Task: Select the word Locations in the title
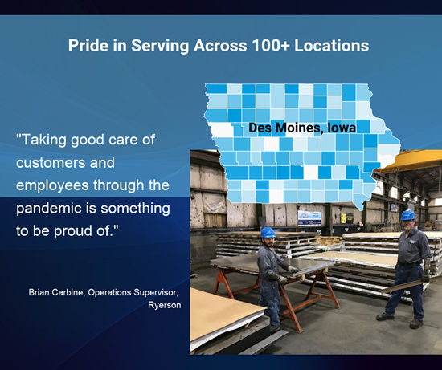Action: (x=331, y=45)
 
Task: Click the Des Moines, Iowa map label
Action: (x=302, y=128)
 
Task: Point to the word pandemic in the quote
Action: (x=55, y=209)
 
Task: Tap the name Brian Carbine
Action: (x=55, y=292)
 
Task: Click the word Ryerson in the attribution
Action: (x=164, y=305)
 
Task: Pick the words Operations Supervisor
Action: (x=133, y=293)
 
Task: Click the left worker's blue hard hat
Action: (x=268, y=233)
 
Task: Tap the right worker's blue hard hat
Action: (x=408, y=215)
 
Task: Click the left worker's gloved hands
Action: (x=288, y=274)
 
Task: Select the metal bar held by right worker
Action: (x=403, y=287)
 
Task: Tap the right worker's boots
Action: (x=401, y=320)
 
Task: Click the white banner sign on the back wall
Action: (x=309, y=218)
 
